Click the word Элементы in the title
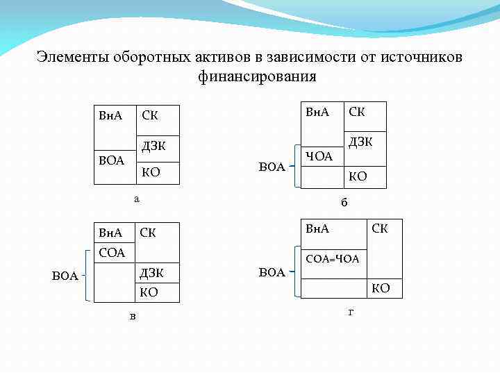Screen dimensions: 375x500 pos(69,57)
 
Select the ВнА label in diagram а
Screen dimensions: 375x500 pos(110,115)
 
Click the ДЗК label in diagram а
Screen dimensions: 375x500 pos(154,147)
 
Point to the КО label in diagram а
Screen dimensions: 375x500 pos(151,172)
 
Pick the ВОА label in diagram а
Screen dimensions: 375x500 pos(111,160)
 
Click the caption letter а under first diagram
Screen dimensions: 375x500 pos(136,199)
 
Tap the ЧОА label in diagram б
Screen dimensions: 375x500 pos(319,156)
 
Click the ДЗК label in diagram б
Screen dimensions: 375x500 pos(360,142)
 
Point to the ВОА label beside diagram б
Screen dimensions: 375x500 pos(272,167)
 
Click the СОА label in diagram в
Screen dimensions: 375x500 pos(111,253)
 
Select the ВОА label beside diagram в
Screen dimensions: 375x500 pos(65,276)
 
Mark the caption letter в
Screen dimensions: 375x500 pos(133,317)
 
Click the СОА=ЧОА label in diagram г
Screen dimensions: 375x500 pos(332,259)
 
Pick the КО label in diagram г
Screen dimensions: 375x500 pos(381,288)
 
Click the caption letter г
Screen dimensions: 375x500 pos(351,312)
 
